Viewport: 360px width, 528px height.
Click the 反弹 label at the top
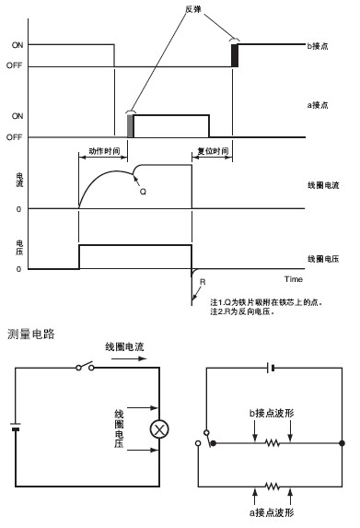[193, 9]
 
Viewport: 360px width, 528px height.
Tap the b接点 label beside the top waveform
[318, 46]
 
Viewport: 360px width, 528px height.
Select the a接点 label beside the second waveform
[318, 105]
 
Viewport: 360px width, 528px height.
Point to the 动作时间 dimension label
[104, 151]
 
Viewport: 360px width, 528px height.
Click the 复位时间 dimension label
[213, 151]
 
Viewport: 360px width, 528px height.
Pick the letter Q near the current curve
[143, 192]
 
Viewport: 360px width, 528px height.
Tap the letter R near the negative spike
[203, 282]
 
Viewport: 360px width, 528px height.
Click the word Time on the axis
[294, 279]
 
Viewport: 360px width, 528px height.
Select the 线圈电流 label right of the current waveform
[323, 185]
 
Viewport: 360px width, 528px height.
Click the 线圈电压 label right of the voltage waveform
[323, 259]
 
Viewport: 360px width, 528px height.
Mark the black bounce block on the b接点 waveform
[235, 55]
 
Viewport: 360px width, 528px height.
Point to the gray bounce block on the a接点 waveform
[130, 126]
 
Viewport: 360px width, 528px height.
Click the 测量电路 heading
[31, 334]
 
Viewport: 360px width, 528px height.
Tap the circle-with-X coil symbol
[159, 429]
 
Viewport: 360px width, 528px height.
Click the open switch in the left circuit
[85, 367]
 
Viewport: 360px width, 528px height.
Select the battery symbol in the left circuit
[16, 427]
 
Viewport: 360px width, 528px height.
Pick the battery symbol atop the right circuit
[272, 368]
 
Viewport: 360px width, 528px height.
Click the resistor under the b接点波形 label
[273, 443]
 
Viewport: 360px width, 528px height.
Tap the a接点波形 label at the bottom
[272, 512]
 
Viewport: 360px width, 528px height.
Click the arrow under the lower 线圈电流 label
[129, 358]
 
